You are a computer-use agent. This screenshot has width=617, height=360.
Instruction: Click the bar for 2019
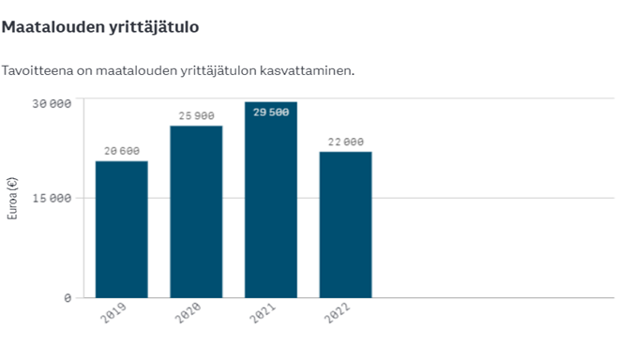point(122,230)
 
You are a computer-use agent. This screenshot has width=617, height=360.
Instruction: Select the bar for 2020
point(196,212)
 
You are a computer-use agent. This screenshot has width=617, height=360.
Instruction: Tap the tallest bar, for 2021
point(271,200)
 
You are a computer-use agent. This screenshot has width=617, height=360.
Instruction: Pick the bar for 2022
point(345,225)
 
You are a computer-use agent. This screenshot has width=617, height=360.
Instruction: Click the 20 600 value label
point(122,151)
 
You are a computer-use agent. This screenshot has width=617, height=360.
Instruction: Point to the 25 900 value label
point(196,116)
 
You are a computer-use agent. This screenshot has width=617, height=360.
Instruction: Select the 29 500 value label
point(271,112)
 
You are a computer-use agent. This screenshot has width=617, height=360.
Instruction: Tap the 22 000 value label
point(345,142)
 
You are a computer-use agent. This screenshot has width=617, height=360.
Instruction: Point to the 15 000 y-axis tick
point(53,199)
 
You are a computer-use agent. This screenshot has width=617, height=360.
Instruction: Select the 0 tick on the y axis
point(68,298)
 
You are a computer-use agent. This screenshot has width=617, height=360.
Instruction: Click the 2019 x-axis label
point(113,315)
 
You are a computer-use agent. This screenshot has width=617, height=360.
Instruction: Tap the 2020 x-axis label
point(188,315)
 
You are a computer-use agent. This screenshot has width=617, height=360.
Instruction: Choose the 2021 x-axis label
point(263,315)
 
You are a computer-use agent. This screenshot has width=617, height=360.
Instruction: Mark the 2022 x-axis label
point(337,315)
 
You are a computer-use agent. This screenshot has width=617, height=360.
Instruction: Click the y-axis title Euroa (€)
point(12,198)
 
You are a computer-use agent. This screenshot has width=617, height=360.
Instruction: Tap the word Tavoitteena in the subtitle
point(36,71)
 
